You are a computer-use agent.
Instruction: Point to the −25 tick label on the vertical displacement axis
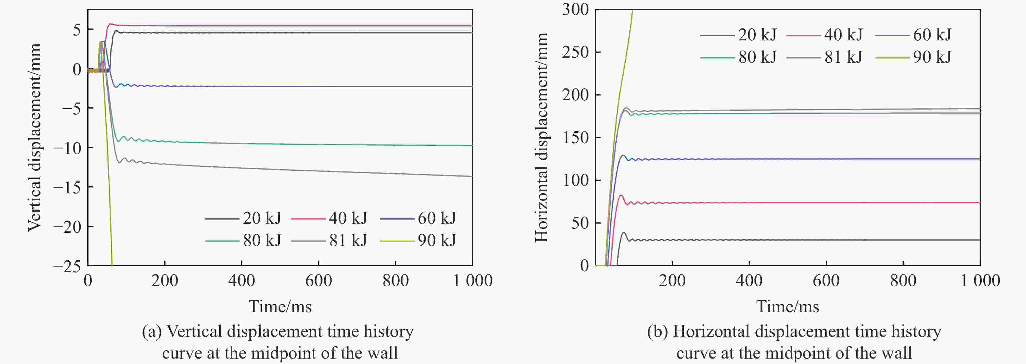pos(67,266)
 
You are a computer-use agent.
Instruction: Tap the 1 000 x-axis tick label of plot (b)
pos(980,281)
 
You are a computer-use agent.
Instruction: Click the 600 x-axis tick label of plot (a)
pos(318,281)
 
